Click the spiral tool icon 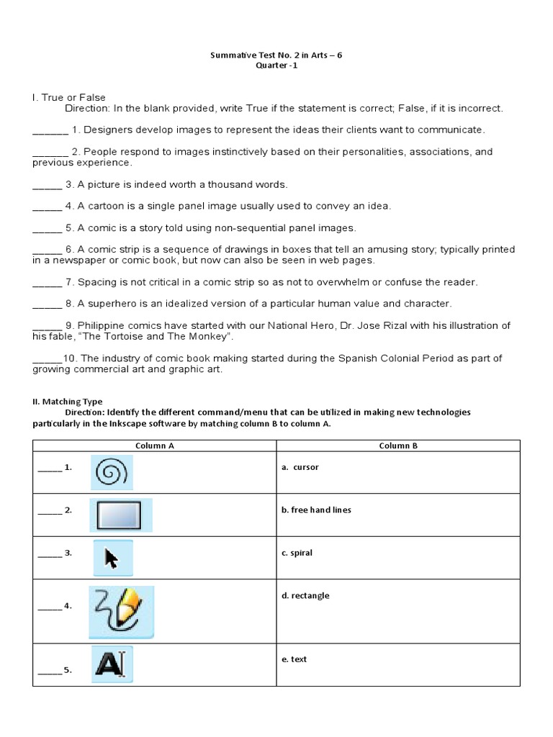coord(112,473)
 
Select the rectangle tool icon coord(120,515)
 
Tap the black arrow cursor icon coord(112,558)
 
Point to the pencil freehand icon coord(121,612)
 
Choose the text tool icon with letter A coord(112,664)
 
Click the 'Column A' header coord(155,446)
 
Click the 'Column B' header coord(398,446)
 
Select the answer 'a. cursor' coord(300,467)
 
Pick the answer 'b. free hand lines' coord(316,510)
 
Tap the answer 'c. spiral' coord(297,553)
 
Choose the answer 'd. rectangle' coord(305,595)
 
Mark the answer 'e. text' coord(294,659)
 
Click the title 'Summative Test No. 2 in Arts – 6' coord(276,55)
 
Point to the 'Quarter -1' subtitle coord(276,65)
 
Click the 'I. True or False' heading coord(69,98)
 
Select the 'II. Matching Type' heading coord(67,402)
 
